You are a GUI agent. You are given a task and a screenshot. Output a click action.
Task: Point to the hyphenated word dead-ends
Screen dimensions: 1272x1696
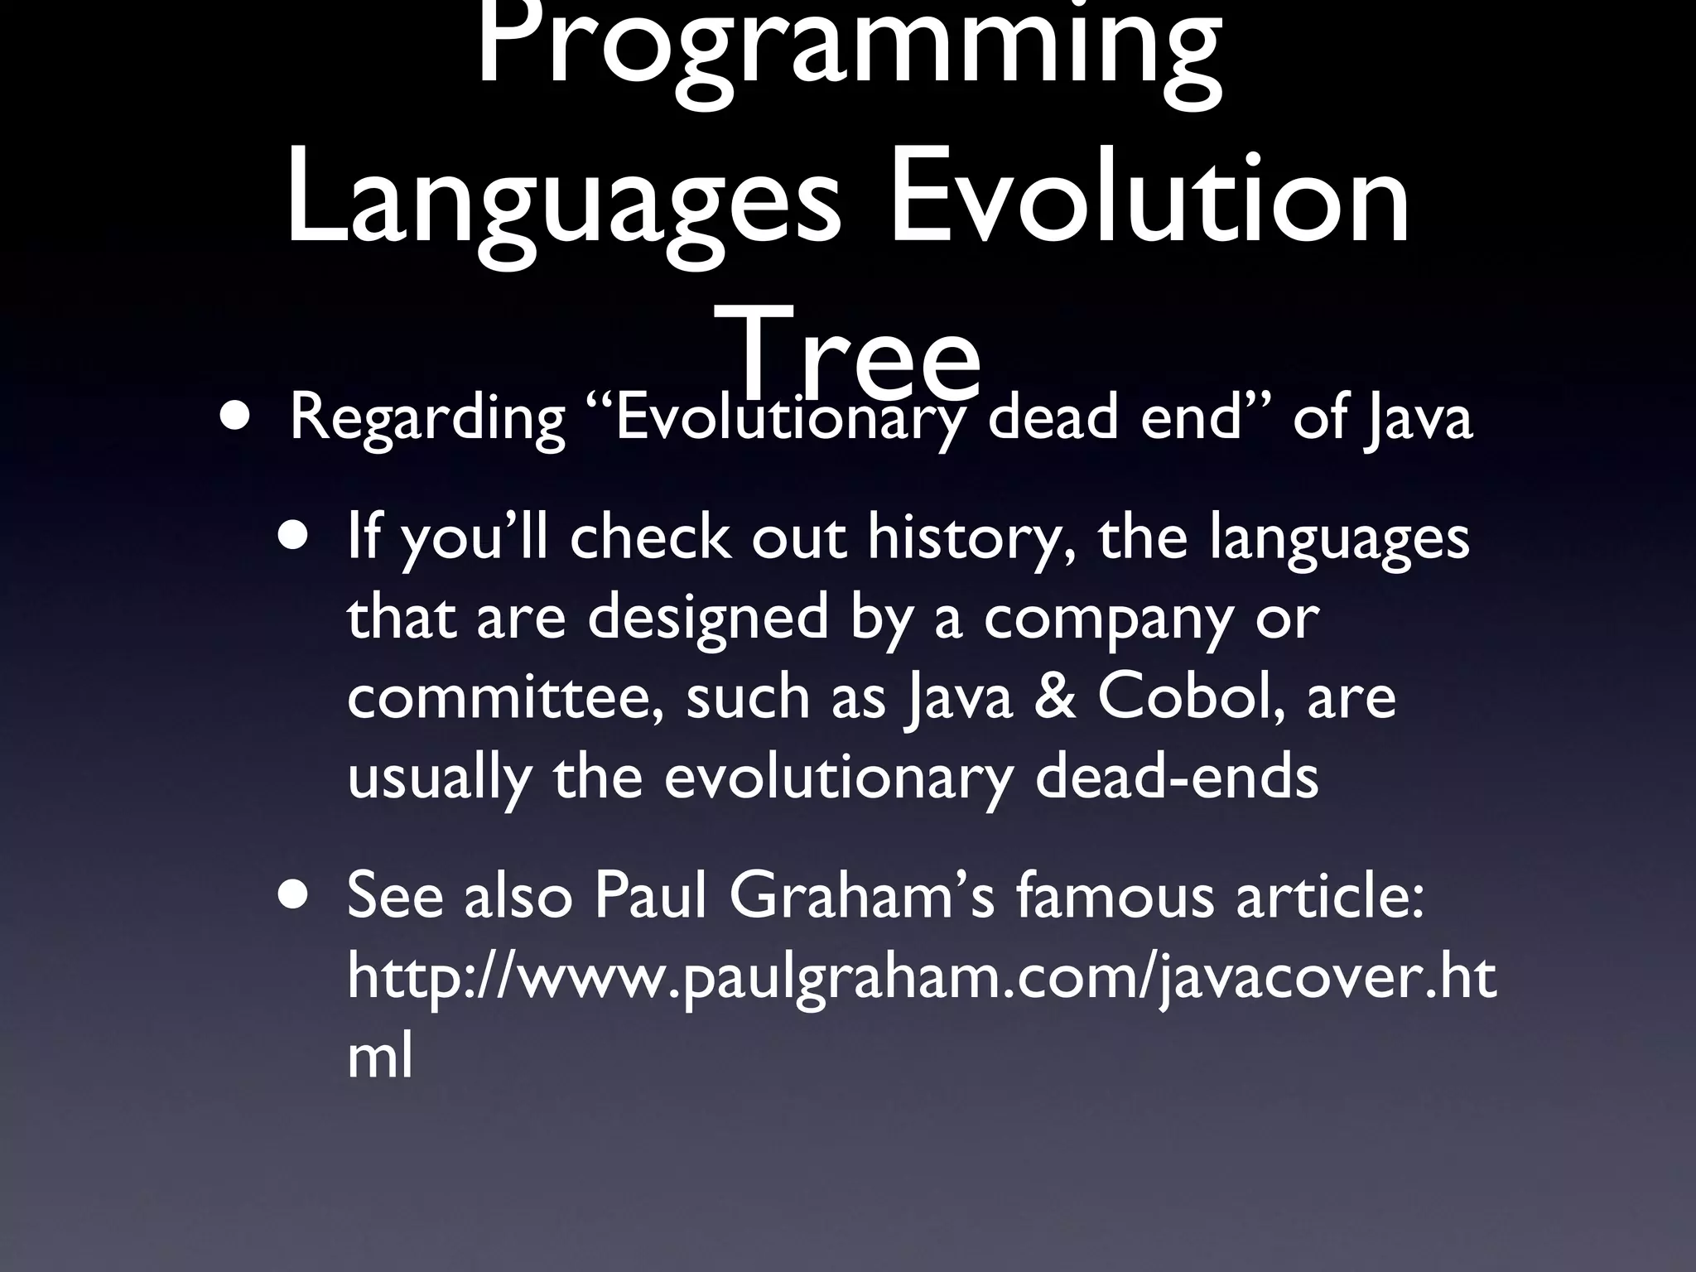(x=1176, y=777)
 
